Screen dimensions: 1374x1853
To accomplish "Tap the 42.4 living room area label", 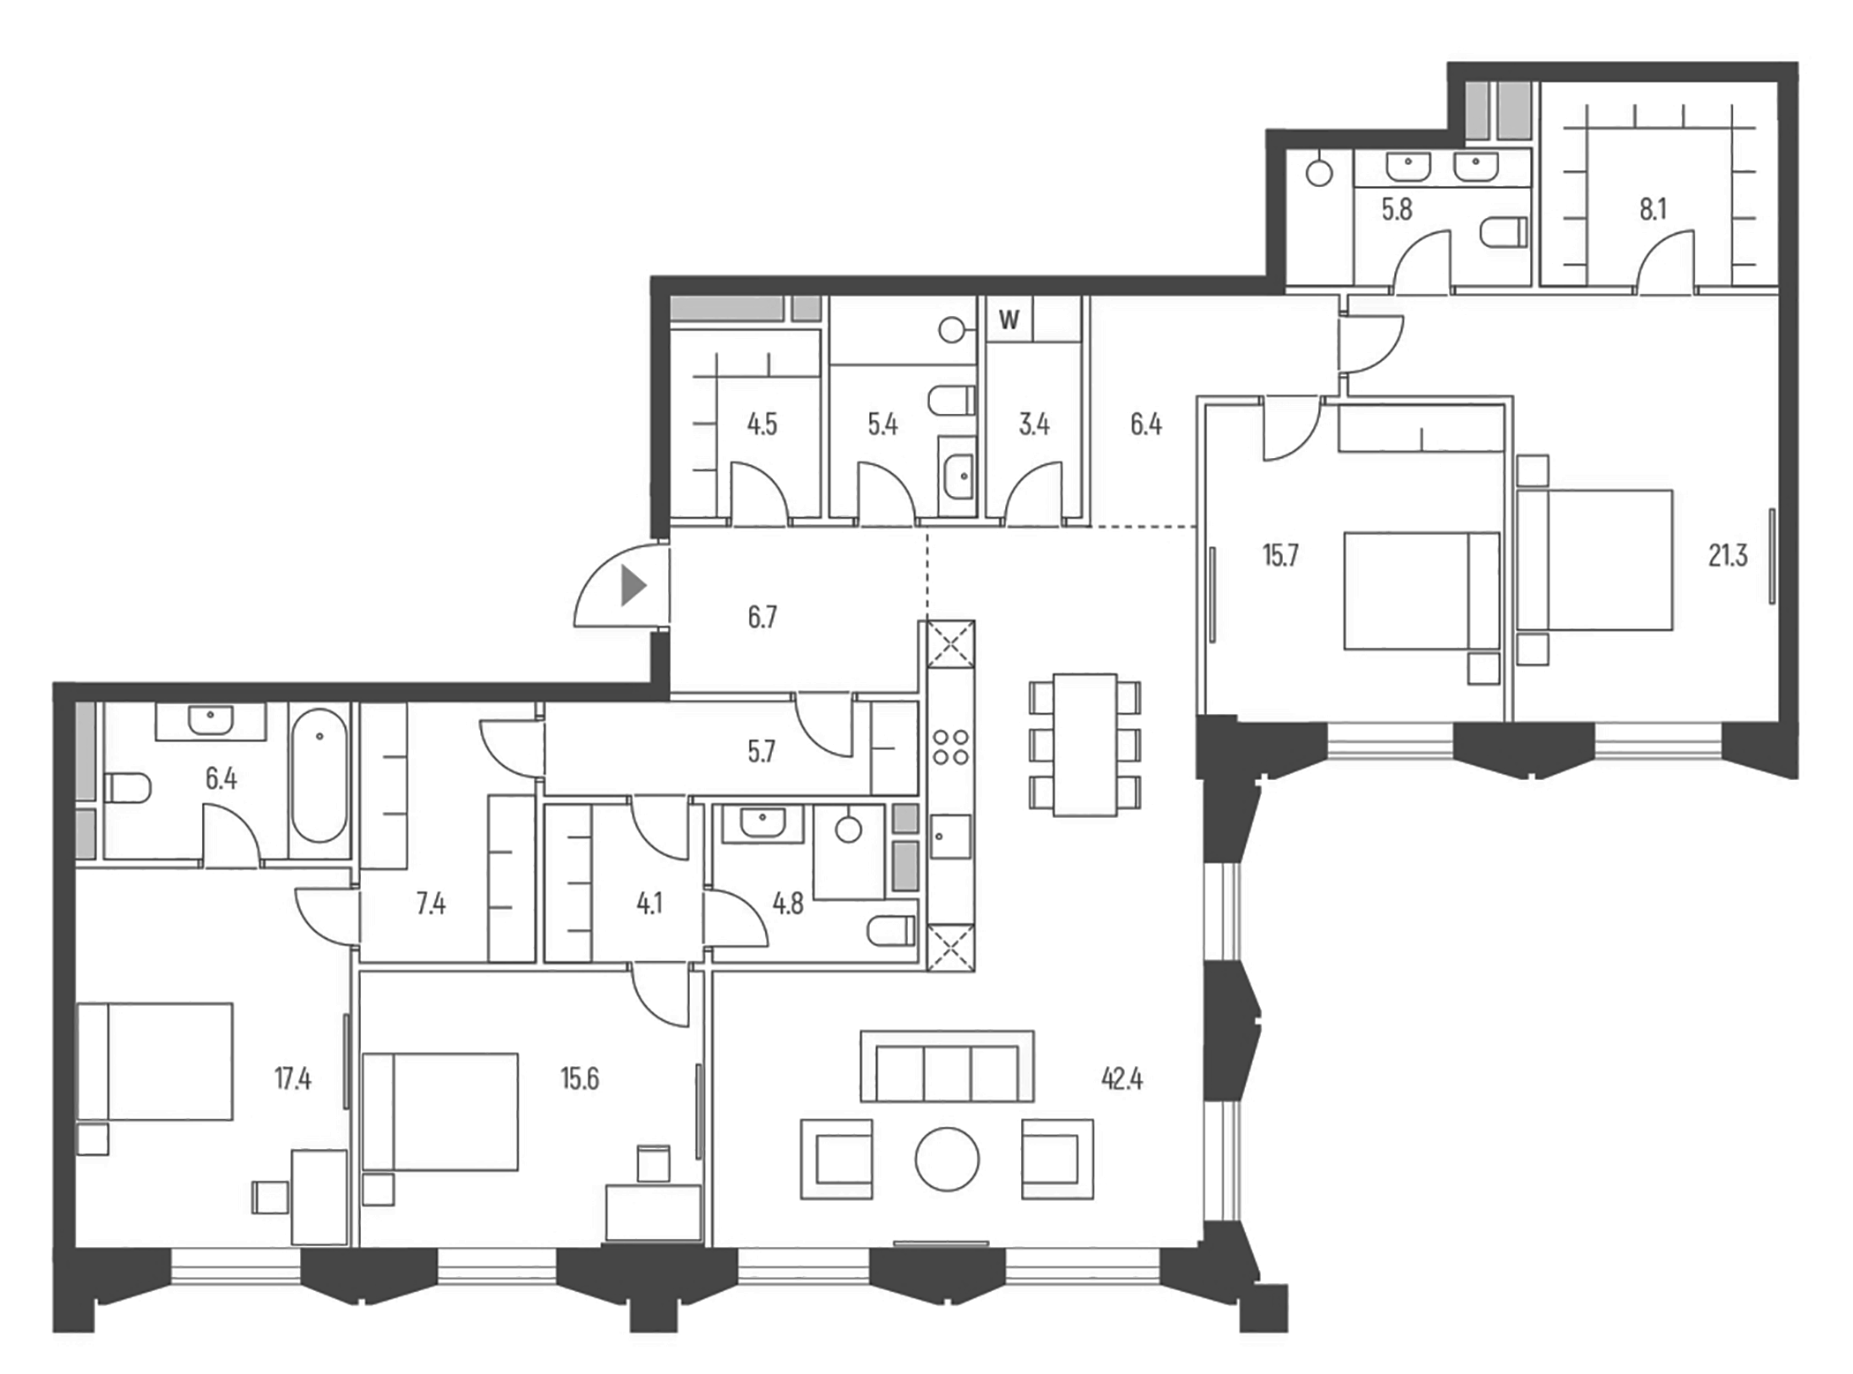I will [x=1122, y=1078].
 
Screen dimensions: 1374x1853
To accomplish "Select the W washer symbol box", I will [x=1009, y=319].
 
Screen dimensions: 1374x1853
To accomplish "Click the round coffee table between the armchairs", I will [x=947, y=1160].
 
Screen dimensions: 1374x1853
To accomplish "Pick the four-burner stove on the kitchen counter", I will [x=950, y=747].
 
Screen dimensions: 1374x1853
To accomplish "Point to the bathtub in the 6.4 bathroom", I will [x=319, y=776].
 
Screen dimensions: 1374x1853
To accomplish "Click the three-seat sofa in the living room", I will [x=947, y=1068].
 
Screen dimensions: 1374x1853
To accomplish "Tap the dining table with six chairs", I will [x=1084, y=745].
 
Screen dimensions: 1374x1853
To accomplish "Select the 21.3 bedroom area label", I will [x=1727, y=555].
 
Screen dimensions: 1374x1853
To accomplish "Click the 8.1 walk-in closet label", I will [x=1653, y=209].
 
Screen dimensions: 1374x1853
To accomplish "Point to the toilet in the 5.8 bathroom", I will [x=1504, y=232].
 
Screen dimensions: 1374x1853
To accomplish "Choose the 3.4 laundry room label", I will [x=1034, y=424].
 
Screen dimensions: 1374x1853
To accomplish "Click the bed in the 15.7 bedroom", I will [x=1421, y=590].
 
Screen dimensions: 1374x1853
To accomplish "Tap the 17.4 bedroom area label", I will [x=292, y=1078].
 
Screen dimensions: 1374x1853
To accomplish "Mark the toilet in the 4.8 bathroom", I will [x=891, y=930].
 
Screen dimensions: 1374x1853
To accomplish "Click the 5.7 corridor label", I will [x=761, y=751].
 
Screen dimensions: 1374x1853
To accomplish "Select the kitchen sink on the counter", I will [x=950, y=836].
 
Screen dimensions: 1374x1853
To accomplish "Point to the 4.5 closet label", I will [x=761, y=424].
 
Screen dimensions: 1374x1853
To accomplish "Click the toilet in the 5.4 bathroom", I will [x=951, y=401].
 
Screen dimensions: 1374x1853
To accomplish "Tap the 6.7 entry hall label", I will [x=762, y=617].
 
